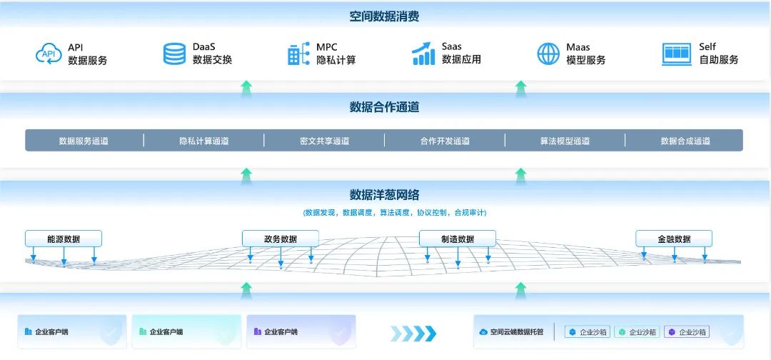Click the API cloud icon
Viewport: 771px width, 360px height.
pyautogui.click(x=49, y=53)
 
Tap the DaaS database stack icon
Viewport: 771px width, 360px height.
pyautogui.click(x=174, y=54)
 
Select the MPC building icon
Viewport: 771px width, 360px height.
pyautogui.click(x=298, y=54)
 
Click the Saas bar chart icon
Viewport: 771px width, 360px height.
pyautogui.click(x=423, y=53)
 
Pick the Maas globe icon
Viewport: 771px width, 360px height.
pyautogui.click(x=548, y=54)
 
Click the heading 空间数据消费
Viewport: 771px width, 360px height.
pyautogui.click(x=385, y=16)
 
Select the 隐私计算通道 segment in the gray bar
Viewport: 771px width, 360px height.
pyautogui.click(x=204, y=141)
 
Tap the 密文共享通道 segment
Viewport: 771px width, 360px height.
pyautogui.click(x=325, y=141)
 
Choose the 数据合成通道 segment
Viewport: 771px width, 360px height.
pyautogui.click(x=685, y=141)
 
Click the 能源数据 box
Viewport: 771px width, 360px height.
pyautogui.click(x=64, y=239)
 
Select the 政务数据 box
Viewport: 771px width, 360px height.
pyautogui.click(x=281, y=239)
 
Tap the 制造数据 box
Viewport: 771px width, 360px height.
pyautogui.click(x=458, y=239)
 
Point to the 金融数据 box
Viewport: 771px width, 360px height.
pyautogui.click(x=674, y=239)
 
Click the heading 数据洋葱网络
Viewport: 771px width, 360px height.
pyautogui.click(x=385, y=195)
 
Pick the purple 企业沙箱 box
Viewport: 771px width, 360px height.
pyautogui.click(x=687, y=332)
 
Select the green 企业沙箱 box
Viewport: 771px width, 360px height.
pyautogui.click(x=637, y=332)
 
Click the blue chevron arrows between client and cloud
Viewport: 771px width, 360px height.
pyautogui.click(x=413, y=334)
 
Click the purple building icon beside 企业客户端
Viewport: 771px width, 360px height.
pyautogui.click(x=257, y=331)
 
